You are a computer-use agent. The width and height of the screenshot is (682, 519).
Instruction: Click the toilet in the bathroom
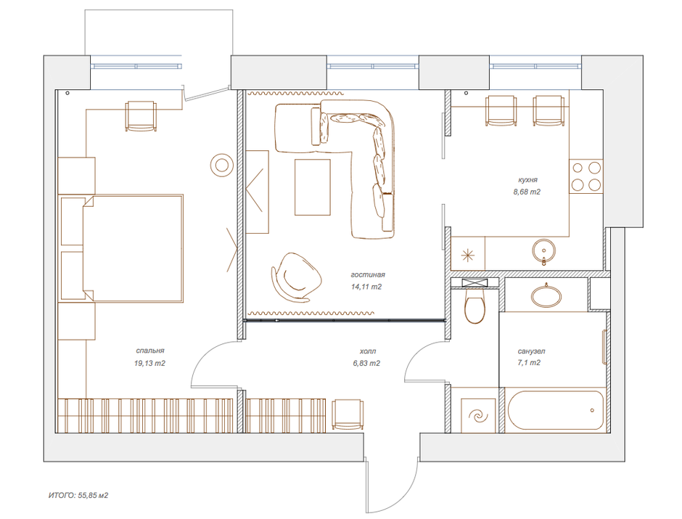click(474, 307)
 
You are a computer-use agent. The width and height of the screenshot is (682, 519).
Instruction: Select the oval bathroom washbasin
click(546, 295)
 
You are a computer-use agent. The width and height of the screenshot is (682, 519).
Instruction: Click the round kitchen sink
click(543, 250)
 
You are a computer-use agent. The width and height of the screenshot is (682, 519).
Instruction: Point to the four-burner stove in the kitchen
click(586, 176)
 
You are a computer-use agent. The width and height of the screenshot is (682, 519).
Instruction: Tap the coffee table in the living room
click(312, 187)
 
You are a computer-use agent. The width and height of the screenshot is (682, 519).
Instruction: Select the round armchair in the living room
click(297, 277)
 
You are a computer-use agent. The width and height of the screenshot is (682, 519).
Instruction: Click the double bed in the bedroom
click(133, 248)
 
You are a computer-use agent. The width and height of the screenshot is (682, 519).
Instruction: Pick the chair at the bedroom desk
click(141, 115)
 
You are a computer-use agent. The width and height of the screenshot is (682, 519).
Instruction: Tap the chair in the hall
click(348, 414)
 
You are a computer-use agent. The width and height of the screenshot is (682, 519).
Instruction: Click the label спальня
click(150, 351)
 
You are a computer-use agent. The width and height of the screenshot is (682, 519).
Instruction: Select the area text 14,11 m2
click(366, 287)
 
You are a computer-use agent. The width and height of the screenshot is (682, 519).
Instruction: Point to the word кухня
click(527, 180)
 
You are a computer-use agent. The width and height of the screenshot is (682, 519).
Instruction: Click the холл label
click(368, 351)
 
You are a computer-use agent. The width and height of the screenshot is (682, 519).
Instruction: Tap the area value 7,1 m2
click(529, 362)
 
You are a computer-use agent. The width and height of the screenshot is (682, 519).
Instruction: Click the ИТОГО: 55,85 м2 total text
click(78, 495)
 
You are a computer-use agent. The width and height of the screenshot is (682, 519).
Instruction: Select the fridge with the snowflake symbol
click(468, 253)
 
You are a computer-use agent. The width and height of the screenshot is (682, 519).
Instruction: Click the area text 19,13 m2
click(149, 363)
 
